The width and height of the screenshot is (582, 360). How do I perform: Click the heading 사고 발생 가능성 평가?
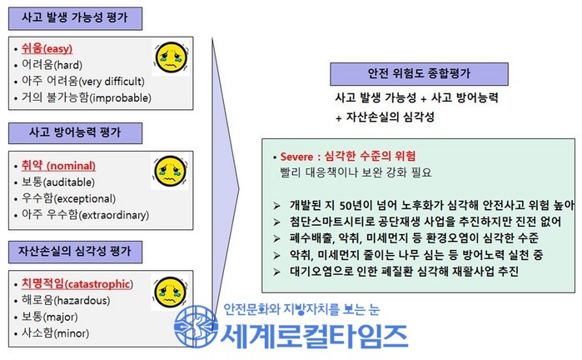75,17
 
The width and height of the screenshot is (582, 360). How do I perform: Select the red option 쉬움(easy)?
47,48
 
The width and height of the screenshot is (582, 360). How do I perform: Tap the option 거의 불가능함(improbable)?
86,97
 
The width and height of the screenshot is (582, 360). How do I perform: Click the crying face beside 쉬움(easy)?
171,57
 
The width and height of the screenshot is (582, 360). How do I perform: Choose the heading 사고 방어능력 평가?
75,132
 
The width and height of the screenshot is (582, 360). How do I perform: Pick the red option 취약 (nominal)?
58,166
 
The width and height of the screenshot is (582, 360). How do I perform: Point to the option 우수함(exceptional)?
68,198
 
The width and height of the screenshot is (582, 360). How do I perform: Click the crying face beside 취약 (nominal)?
170,172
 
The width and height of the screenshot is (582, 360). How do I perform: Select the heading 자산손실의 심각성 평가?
75,252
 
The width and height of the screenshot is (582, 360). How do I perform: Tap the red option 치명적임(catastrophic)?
77,284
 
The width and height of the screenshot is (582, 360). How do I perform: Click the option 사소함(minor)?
55,332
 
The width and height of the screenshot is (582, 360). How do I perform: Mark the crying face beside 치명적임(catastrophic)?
171,292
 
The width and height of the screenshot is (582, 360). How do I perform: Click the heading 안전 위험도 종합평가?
419,73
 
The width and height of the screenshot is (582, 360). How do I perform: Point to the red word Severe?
296,157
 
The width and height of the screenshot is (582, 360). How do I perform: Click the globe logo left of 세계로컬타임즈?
196,326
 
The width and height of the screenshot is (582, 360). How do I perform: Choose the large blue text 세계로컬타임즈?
315,336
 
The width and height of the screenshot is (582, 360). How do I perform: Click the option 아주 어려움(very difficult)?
82,81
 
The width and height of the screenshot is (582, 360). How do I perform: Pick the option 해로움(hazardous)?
66,300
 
